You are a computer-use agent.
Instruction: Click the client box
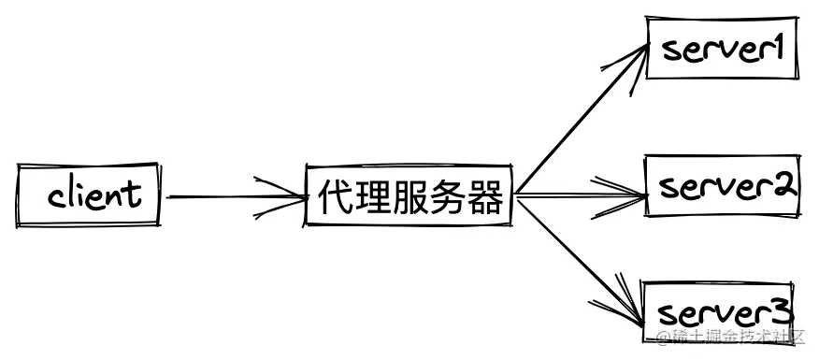point(89,195)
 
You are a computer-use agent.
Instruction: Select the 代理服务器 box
point(409,196)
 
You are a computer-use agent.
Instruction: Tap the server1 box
point(721,48)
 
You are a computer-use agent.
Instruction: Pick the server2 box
point(722,187)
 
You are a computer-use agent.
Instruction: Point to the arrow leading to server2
point(580,196)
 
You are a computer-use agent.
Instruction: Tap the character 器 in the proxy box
point(484,197)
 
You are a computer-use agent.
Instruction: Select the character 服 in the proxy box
point(409,197)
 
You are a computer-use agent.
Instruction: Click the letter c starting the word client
point(57,197)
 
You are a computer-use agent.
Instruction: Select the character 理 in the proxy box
point(372,197)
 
